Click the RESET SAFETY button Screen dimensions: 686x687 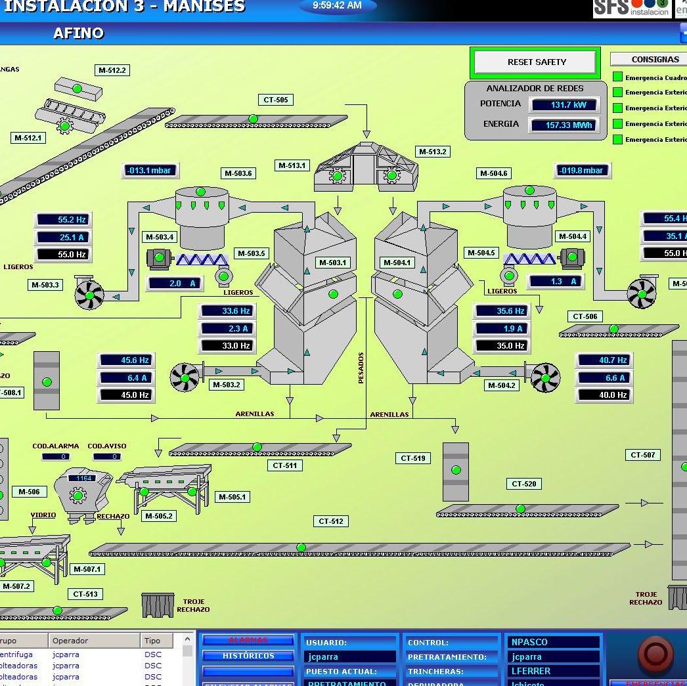[536, 62]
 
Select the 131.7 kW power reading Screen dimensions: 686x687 [564, 105]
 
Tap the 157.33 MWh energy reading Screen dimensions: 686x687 [564, 125]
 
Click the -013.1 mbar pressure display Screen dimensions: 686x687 [150, 171]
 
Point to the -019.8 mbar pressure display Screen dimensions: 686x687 [582, 171]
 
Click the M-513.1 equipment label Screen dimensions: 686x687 [292, 165]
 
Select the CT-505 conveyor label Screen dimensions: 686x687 [276, 100]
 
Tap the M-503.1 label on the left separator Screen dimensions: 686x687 [332, 263]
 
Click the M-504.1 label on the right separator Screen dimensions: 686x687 [397, 263]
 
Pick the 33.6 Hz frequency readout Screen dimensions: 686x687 [227, 311]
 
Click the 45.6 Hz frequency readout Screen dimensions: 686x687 [126, 360]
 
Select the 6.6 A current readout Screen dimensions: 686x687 [604, 377]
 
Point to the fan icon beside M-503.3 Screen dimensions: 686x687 [89, 295]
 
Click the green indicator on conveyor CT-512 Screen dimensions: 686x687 [301, 547]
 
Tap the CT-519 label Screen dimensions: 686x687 [413, 458]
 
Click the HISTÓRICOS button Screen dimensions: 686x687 [248, 656]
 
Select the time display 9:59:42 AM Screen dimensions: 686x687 [337, 6]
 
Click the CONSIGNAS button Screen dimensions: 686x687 [654, 59]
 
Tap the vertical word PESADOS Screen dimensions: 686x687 [361, 368]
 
